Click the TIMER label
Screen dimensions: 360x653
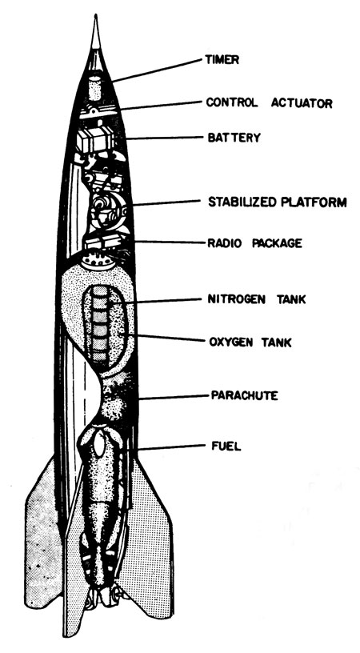[222, 59]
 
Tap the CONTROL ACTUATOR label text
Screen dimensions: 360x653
[270, 102]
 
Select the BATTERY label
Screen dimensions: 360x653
[234, 138]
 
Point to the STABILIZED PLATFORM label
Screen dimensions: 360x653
[277, 202]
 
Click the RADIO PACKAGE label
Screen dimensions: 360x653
[254, 243]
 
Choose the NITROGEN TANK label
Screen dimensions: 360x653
[256, 299]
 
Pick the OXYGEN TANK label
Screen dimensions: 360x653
[250, 343]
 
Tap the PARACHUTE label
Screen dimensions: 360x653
[244, 395]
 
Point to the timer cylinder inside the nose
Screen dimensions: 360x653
[95, 87]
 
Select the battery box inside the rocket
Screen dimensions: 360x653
[95, 139]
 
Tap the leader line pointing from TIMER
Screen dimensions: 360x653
[158, 70]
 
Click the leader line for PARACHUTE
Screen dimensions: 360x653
[174, 397]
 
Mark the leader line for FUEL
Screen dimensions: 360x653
[171, 448]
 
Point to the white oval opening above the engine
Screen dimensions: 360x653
[99, 445]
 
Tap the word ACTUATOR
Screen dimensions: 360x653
[302, 102]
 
